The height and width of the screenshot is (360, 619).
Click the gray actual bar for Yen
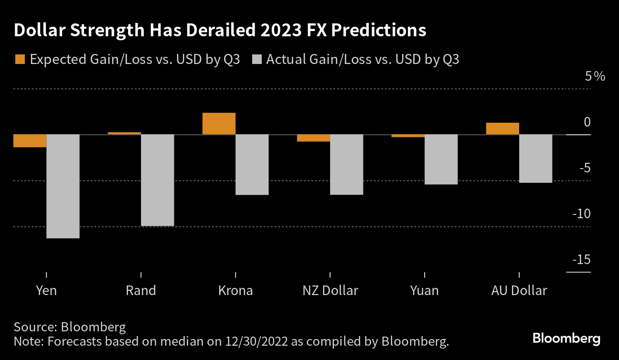tap(63, 186)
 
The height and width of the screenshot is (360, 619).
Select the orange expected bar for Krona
tap(219, 124)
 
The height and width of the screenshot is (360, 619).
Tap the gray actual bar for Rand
tap(157, 180)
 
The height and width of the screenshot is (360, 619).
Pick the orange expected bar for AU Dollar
tap(502, 128)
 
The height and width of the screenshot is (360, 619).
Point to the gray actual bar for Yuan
tap(441, 159)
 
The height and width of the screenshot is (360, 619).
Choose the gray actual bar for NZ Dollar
tap(347, 165)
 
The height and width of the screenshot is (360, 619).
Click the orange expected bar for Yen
tap(30, 141)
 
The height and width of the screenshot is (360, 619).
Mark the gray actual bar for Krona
tap(252, 165)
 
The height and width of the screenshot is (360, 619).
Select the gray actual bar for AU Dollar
tap(536, 159)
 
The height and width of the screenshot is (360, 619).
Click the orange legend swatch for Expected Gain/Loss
tap(20, 59)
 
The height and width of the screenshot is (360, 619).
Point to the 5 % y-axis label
tap(595, 76)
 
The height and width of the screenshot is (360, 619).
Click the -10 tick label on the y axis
tap(582, 213)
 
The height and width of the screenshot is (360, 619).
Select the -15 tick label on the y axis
tap(582, 260)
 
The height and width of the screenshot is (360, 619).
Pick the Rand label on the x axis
tap(141, 290)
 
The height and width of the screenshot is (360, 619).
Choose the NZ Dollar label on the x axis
tap(330, 290)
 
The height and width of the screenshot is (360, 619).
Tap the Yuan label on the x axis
tap(424, 290)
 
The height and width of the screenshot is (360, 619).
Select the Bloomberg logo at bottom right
tap(566, 339)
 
